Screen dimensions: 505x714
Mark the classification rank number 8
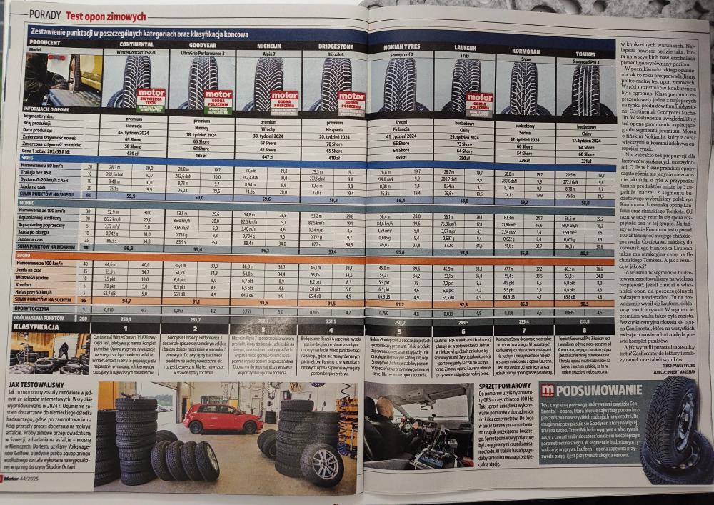tap(585, 331)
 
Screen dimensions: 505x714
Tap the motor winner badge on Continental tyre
tap(150, 100)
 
